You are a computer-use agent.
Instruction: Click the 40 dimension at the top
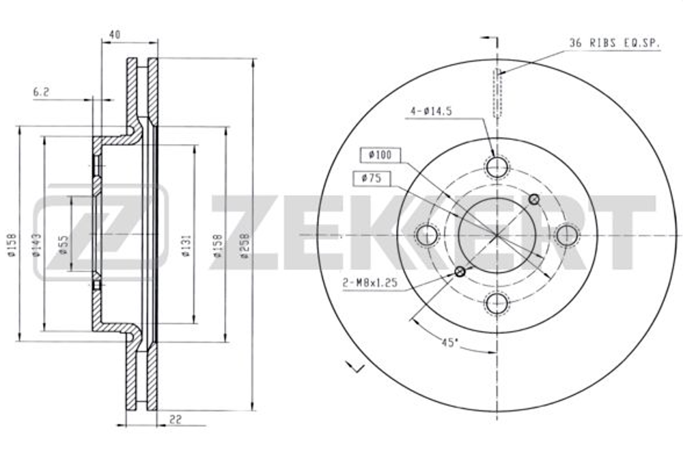coord(115,34)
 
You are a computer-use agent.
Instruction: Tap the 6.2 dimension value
coord(42,92)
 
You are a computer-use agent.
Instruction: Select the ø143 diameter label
coord(37,244)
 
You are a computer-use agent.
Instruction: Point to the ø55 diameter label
coord(64,245)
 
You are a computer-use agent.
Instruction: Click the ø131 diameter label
coord(186,246)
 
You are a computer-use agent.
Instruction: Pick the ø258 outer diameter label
coord(245,246)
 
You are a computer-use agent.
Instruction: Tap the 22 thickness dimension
coord(176,420)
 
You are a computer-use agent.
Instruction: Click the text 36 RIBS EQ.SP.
coord(615,43)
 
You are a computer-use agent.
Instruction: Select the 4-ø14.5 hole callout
coord(431,111)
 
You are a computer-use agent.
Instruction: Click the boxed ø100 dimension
coord(380,155)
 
